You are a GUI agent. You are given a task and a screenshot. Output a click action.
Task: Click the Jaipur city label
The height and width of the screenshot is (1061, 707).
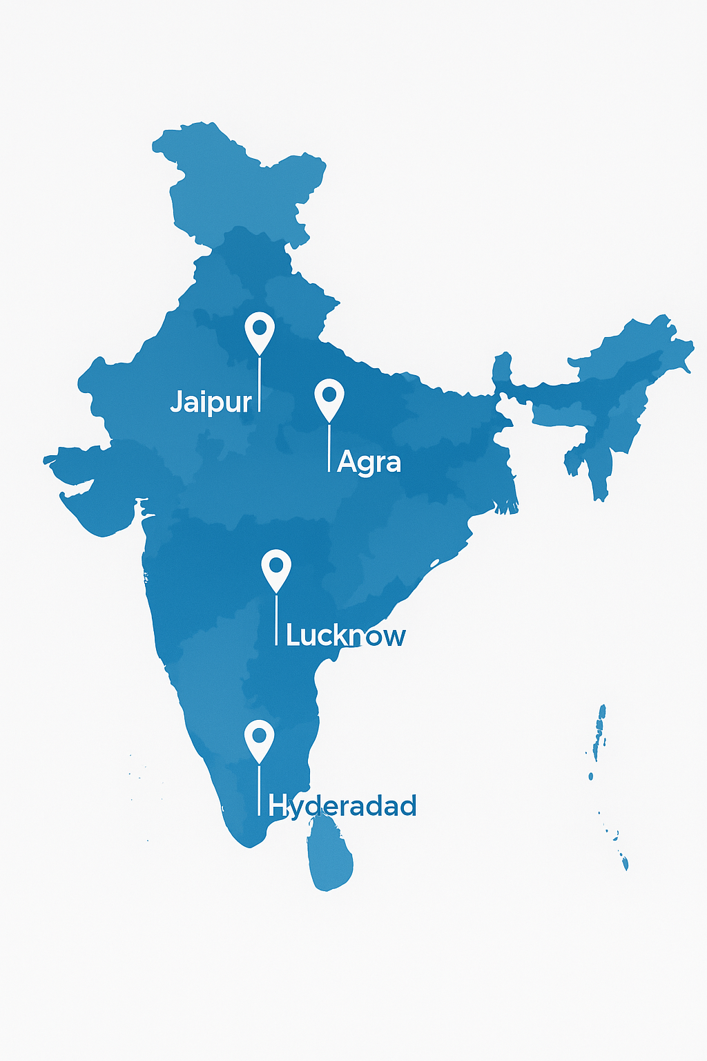211,402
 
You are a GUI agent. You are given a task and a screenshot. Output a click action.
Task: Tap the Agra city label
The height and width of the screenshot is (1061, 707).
369,462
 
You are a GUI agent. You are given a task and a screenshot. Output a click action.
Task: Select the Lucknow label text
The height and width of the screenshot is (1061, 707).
345,635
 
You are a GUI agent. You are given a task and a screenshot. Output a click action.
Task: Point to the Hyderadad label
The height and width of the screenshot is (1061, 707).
342,805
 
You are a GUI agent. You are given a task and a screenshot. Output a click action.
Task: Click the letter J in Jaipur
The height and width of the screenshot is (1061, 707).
176,401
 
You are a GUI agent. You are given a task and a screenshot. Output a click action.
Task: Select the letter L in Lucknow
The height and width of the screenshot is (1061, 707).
293,635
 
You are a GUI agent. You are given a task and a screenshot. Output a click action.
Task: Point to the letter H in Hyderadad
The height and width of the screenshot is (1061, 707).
277,805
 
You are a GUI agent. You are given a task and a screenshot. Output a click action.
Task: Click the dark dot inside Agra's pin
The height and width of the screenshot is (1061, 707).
329,394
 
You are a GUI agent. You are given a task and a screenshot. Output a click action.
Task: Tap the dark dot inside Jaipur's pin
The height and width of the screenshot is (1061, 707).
260,326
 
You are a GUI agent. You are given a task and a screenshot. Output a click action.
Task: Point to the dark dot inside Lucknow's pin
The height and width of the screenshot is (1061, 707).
276,564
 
